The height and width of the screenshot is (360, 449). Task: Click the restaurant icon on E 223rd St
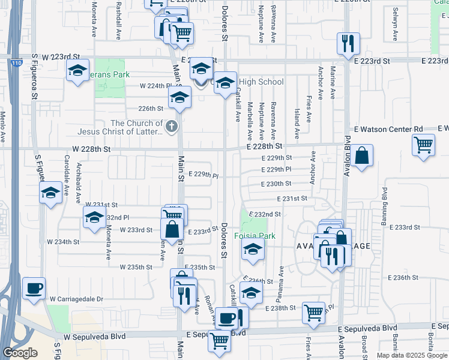point(348,43)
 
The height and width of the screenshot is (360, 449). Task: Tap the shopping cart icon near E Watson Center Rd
point(424,145)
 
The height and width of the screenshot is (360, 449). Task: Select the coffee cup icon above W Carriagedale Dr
point(34,288)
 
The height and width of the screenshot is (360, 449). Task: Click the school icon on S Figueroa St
point(50,193)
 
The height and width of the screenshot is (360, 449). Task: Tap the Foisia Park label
point(255,236)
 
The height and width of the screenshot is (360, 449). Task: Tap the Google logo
point(20,353)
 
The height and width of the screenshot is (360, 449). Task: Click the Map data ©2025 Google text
point(412,355)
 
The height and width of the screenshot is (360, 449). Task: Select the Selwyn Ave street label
point(396,24)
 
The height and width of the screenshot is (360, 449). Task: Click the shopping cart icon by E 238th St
point(313,312)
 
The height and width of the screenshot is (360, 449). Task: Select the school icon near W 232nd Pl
point(94,220)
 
